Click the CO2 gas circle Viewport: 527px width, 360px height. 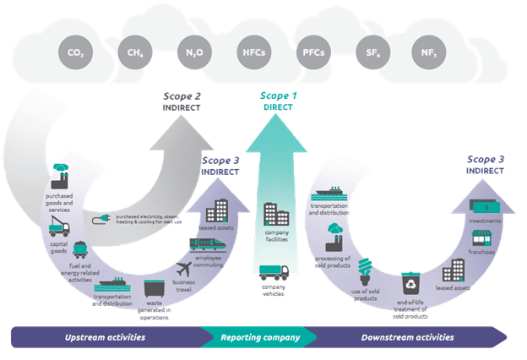click(x=75, y=53)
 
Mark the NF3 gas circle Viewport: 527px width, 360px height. click(x=428, y=52)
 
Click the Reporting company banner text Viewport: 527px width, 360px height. click(x=261, y=337)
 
